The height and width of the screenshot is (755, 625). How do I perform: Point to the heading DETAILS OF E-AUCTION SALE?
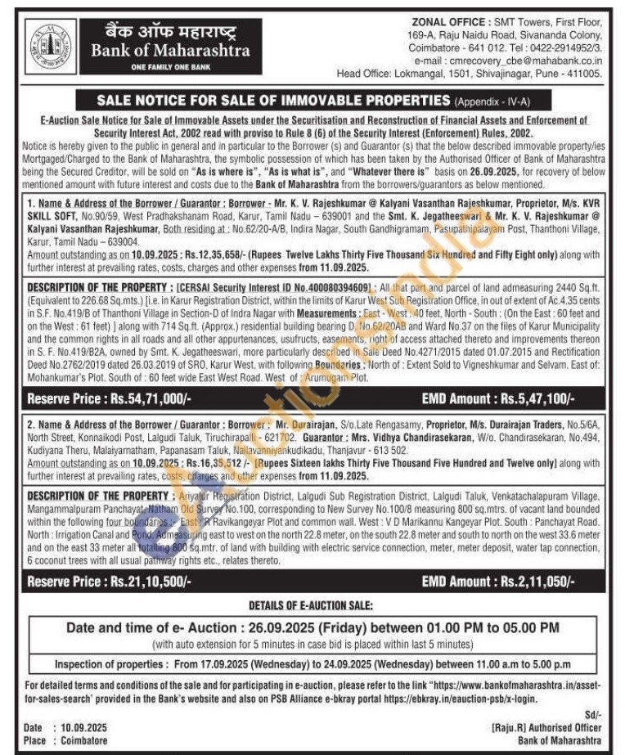tap(311, 605)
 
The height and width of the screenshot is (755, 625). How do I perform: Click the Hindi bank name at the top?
tap(167, 32)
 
